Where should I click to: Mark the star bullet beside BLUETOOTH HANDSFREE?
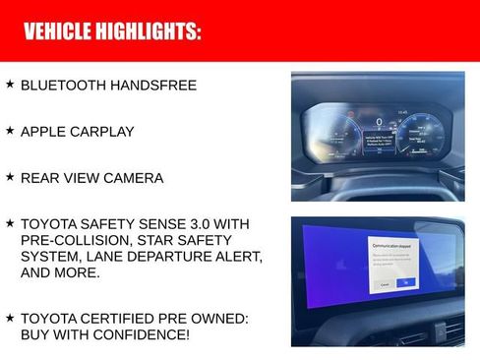click(10, 85)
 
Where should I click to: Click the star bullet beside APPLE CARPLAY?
click(10, 131)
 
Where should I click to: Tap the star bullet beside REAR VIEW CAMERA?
click(10, 177)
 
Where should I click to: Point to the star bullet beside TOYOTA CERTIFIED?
click(10, 318)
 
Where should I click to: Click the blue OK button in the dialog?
click(405, 283)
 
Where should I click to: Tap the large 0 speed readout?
click(379, 122)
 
